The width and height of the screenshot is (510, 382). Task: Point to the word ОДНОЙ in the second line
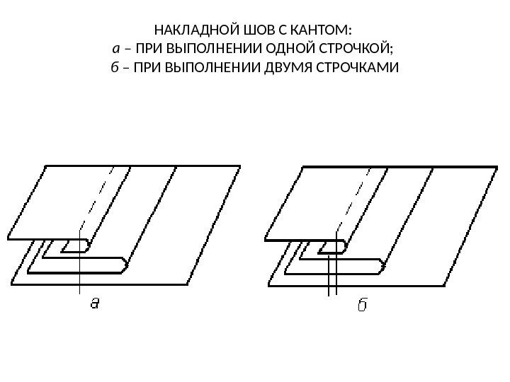[x=291, y=50]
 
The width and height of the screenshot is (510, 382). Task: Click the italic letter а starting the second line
[x=116, y=50]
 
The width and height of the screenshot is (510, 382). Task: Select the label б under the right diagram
[x=361, y=305]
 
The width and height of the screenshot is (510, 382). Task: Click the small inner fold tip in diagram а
[x=86, y=245]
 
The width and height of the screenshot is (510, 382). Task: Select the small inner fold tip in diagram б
[x=344, y=245]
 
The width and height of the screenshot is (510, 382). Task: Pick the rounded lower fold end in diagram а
[x=125, y=265]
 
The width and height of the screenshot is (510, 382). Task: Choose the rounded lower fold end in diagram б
[x=382, y=265]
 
